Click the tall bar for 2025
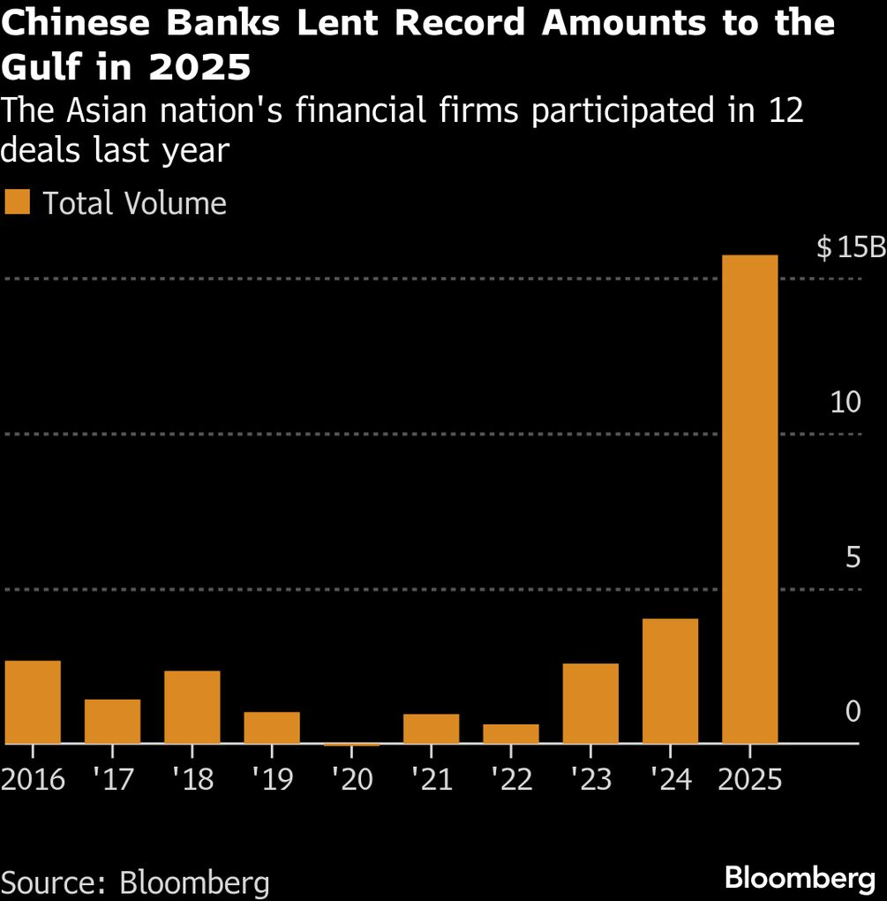[x=749, y=499]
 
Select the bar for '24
[x=670, y=681]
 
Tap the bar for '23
[x=590, y=703]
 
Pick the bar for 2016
[x=33, y=701]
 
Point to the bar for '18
[x=192, y=707]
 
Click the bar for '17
[x=112, y=721]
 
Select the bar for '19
[x=272, y=727]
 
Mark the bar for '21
[x=431, y=728]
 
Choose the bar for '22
[x=511, y=733]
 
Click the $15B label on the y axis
[x=850, y=248]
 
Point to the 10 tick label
[x=845, y=403]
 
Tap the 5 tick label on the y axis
[x=852, y=557]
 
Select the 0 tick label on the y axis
[x=852, y=712]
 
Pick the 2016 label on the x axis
[x=33, y=779]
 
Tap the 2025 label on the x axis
[x=749, y=779]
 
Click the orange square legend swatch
[x=17, y=202]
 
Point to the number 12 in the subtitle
[x=783, y=112]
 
